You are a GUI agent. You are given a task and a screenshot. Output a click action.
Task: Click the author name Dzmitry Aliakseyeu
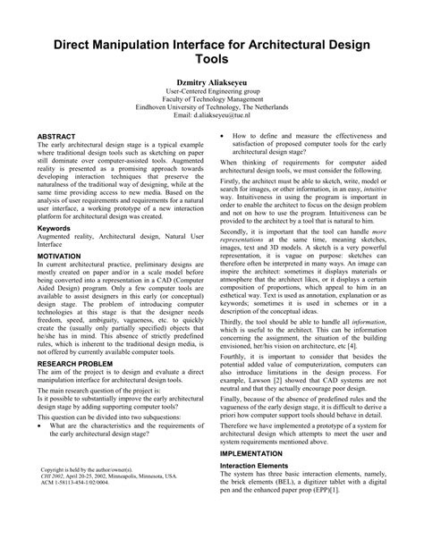pos(212,81)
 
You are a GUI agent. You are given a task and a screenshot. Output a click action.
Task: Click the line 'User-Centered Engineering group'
pos(212,92)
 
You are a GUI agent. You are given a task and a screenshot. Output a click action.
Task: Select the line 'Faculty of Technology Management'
pos(212,100)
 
